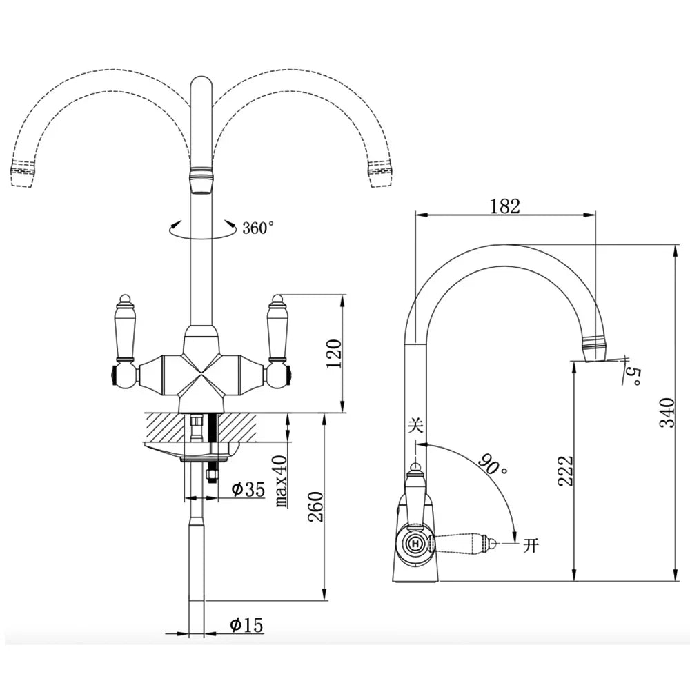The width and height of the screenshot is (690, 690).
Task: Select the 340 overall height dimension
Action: tap(666, 412)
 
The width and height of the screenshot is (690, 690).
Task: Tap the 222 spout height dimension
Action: tap(566, 471)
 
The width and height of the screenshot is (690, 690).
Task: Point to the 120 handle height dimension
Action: tap(333, 353)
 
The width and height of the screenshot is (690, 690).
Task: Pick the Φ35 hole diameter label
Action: tap(248, 489)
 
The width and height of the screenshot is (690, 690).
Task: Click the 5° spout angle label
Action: tap(633, 375)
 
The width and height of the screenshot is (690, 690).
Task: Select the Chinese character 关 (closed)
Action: tap(415, 426)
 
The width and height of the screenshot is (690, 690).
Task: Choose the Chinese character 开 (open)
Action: tap(531, 546)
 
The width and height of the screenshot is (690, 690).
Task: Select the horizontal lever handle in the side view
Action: tap(466, 544)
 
